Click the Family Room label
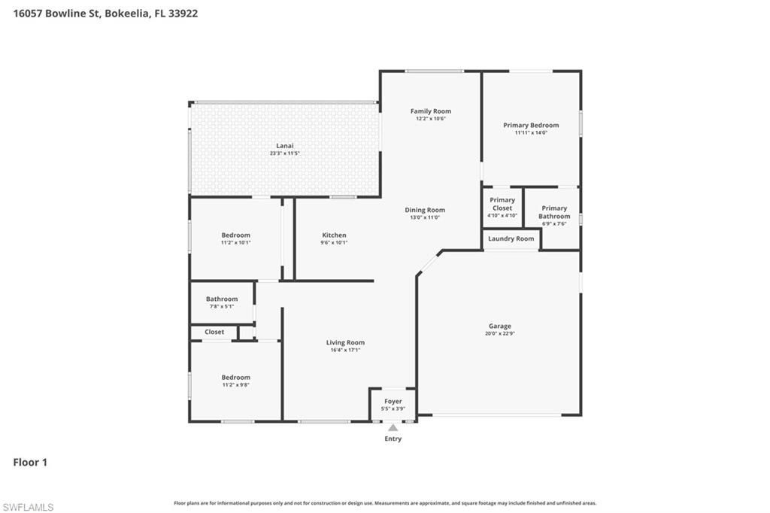430,111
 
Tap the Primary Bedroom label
531,126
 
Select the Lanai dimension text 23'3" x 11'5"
284,153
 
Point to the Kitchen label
334,235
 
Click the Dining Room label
425,211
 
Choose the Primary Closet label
502,204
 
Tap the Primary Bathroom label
554,212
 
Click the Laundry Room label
511,239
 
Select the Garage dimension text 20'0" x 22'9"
499,333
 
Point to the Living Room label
345,343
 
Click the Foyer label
393,402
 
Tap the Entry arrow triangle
393,428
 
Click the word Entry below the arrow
393,439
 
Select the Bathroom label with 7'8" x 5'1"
222,299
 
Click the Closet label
214,332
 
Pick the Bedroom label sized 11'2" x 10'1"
235,235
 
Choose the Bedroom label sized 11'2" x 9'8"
235,378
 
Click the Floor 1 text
30,463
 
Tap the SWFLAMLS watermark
28,507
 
